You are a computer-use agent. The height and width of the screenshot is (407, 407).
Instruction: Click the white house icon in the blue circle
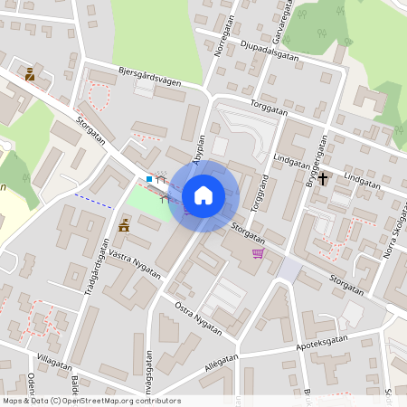(203, 194)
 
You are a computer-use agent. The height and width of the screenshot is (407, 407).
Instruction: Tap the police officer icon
(30, 74)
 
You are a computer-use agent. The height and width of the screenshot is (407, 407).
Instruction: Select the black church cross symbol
(323, 178)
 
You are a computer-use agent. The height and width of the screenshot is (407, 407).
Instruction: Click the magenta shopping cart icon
(258, 253)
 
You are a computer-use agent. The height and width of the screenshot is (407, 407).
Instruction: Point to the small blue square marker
(149, 179)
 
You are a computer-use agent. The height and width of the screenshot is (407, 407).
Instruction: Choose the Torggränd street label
(259, 192)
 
